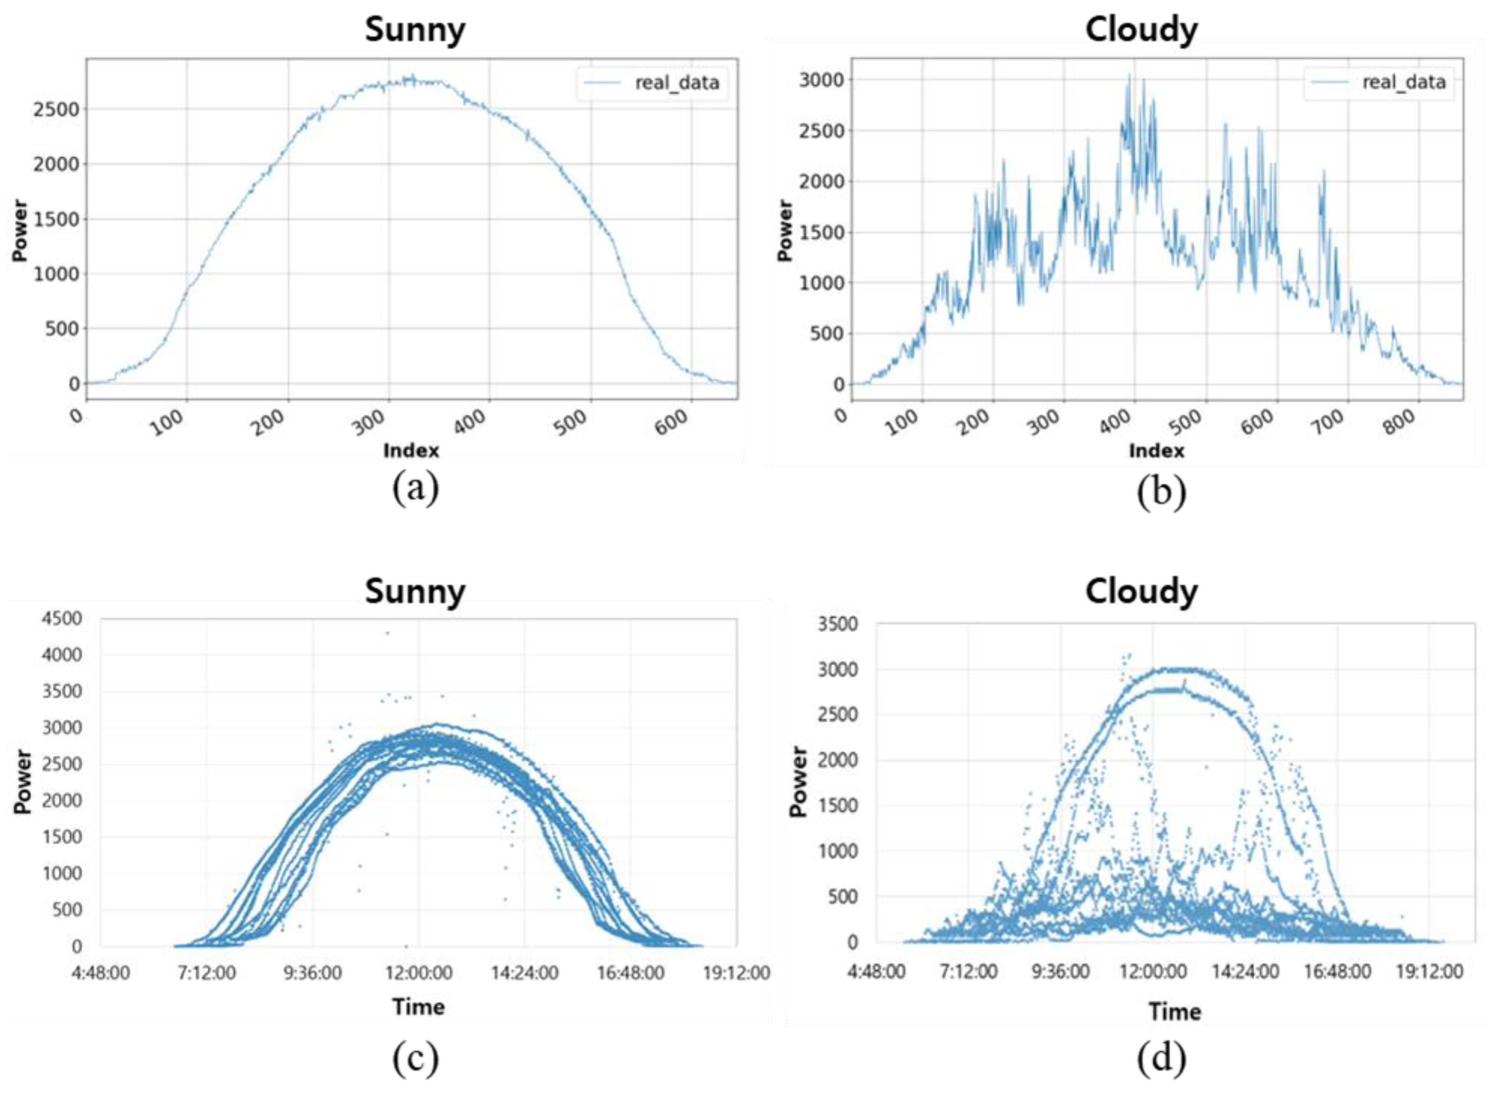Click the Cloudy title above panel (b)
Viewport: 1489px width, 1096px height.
point(1141,30)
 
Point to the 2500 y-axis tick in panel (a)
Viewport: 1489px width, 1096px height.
point(56,109)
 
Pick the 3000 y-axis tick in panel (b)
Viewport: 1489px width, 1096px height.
point(821,80)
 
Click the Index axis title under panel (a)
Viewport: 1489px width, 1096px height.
point(411,451)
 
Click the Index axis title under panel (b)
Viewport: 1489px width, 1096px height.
point(1157,451)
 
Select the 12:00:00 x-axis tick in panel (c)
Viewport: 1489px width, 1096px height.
point(419,973)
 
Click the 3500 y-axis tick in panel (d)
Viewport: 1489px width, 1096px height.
point(839,624)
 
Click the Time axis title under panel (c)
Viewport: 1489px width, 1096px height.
point(418,1006)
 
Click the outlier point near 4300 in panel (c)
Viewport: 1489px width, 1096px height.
point(388,633)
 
